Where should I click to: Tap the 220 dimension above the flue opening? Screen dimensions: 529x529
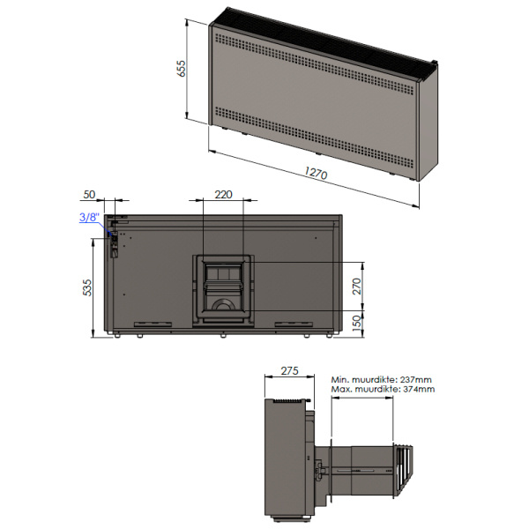point(223,195)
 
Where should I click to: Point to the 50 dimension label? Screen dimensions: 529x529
point(89,195)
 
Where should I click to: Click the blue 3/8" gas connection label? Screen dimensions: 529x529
point(88,218)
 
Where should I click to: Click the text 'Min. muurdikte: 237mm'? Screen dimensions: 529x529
point(383,378)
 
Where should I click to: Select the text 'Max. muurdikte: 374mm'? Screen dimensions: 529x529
point(383,389)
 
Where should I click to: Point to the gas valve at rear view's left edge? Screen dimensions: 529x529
point(112,241)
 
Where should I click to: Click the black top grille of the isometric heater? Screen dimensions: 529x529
point(326,36)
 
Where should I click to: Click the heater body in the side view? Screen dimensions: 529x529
point(287,458)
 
